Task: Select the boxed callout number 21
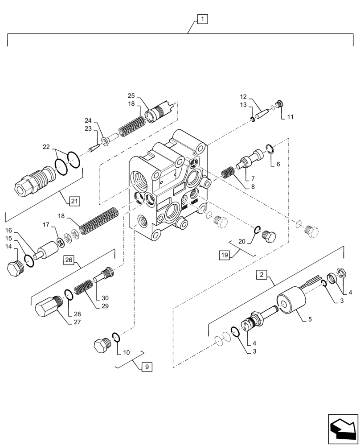point(74,201)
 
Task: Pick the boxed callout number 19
point(224,255)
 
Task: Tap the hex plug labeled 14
point(15,269)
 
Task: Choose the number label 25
point(131,95)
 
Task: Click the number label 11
point(290,117)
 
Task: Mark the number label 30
point(105,298)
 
